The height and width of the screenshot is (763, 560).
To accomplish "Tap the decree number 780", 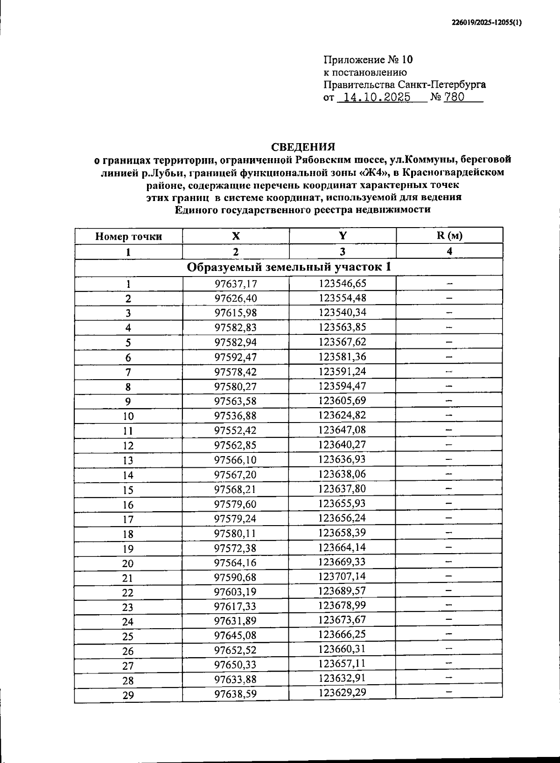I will (x=454, y=97).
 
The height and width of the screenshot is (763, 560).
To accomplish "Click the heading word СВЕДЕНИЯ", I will (x=303, y=147).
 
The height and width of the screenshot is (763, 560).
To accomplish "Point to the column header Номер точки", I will (x=128, y=236).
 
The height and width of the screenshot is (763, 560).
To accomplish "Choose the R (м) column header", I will (x=449, y=236).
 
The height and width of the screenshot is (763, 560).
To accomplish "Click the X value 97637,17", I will (x=236, y=284).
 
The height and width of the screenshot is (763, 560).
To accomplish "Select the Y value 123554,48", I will (x=343, y=298).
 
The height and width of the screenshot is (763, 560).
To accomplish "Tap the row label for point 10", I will (x=128, y=416).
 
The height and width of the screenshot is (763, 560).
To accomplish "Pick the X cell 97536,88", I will (x=236, y=416).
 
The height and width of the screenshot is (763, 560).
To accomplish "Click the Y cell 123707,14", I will (x=342, y=576).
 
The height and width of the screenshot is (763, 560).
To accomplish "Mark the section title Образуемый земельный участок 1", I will (x=289, y=267).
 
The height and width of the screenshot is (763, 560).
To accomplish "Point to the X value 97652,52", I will (x=236, y=650).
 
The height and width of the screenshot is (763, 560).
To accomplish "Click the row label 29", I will (x=128, y=695).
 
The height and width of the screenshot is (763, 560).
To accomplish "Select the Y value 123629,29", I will (x=342, y=693).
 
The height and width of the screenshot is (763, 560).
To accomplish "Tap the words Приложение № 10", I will (x=368, y=60).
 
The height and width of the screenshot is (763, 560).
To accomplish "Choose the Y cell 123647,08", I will (x=343, y=430).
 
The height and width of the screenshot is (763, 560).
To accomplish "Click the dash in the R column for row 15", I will (x=449, y=488).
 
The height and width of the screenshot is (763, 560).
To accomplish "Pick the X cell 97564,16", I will (x=236, y=562).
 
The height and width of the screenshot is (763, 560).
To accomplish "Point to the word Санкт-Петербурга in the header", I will (x=441, y=84).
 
